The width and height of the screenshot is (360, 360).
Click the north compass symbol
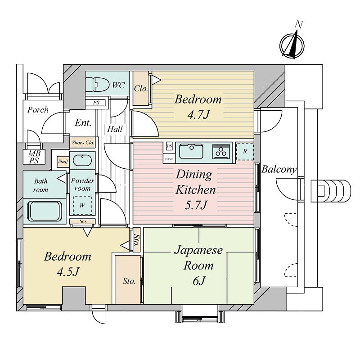point(292,44)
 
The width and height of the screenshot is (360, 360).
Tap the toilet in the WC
point(98,84)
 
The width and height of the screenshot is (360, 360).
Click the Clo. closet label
point(141,89)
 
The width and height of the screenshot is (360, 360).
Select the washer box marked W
point(82,205)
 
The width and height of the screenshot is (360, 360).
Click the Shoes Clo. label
point(83,143)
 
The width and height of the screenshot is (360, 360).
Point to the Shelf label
point(63,161)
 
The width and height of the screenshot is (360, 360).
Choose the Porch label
point(38,110)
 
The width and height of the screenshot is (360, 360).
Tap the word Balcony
point(279,170)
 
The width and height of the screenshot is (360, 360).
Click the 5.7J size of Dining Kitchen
point(196,205)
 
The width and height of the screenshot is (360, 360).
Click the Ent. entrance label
point(83,122)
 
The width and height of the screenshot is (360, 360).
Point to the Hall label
point(115,129)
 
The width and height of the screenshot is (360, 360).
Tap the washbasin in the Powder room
point(82,161)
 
